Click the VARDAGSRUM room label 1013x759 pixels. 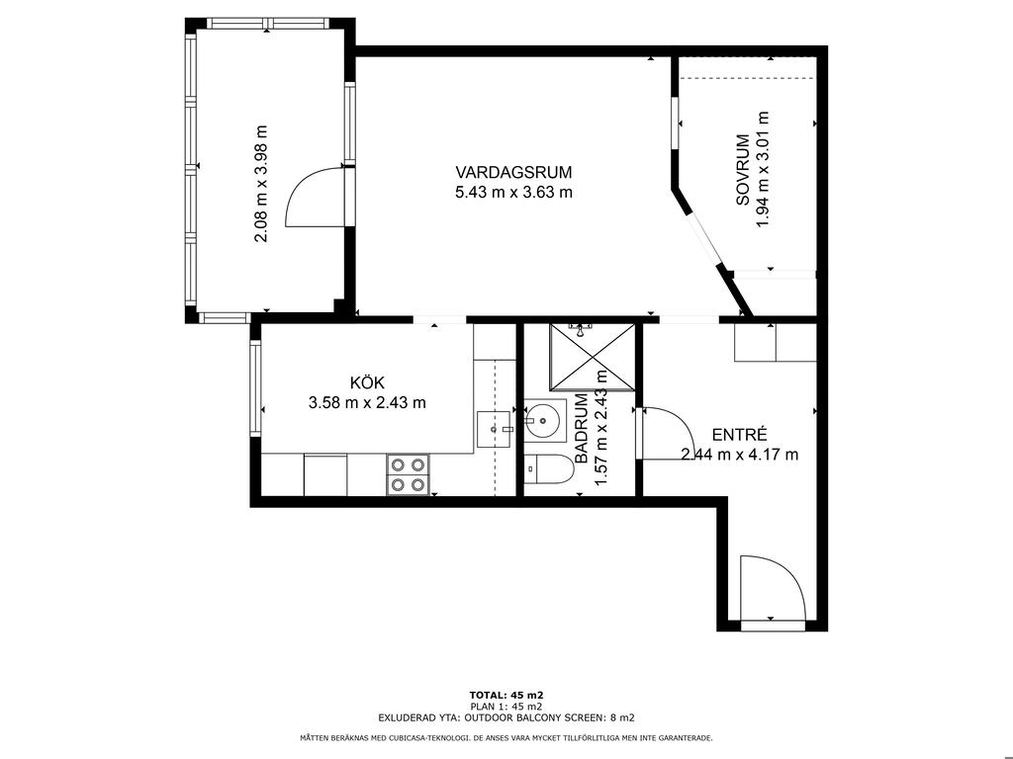point(513,172)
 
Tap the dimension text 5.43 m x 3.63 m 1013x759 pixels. point(513,193)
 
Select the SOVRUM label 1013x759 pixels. point(743,170)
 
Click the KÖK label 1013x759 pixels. point(367,382)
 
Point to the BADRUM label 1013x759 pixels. point(581,429)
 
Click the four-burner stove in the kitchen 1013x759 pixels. point(409,474)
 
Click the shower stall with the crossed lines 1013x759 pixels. point(593,357)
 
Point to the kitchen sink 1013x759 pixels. point(495,429)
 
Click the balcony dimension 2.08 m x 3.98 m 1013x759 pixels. point(260,183)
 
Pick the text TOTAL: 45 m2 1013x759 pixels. point(506,695)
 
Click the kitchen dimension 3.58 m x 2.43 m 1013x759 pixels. point(367,403)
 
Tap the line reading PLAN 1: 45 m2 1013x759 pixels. point(506,706)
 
